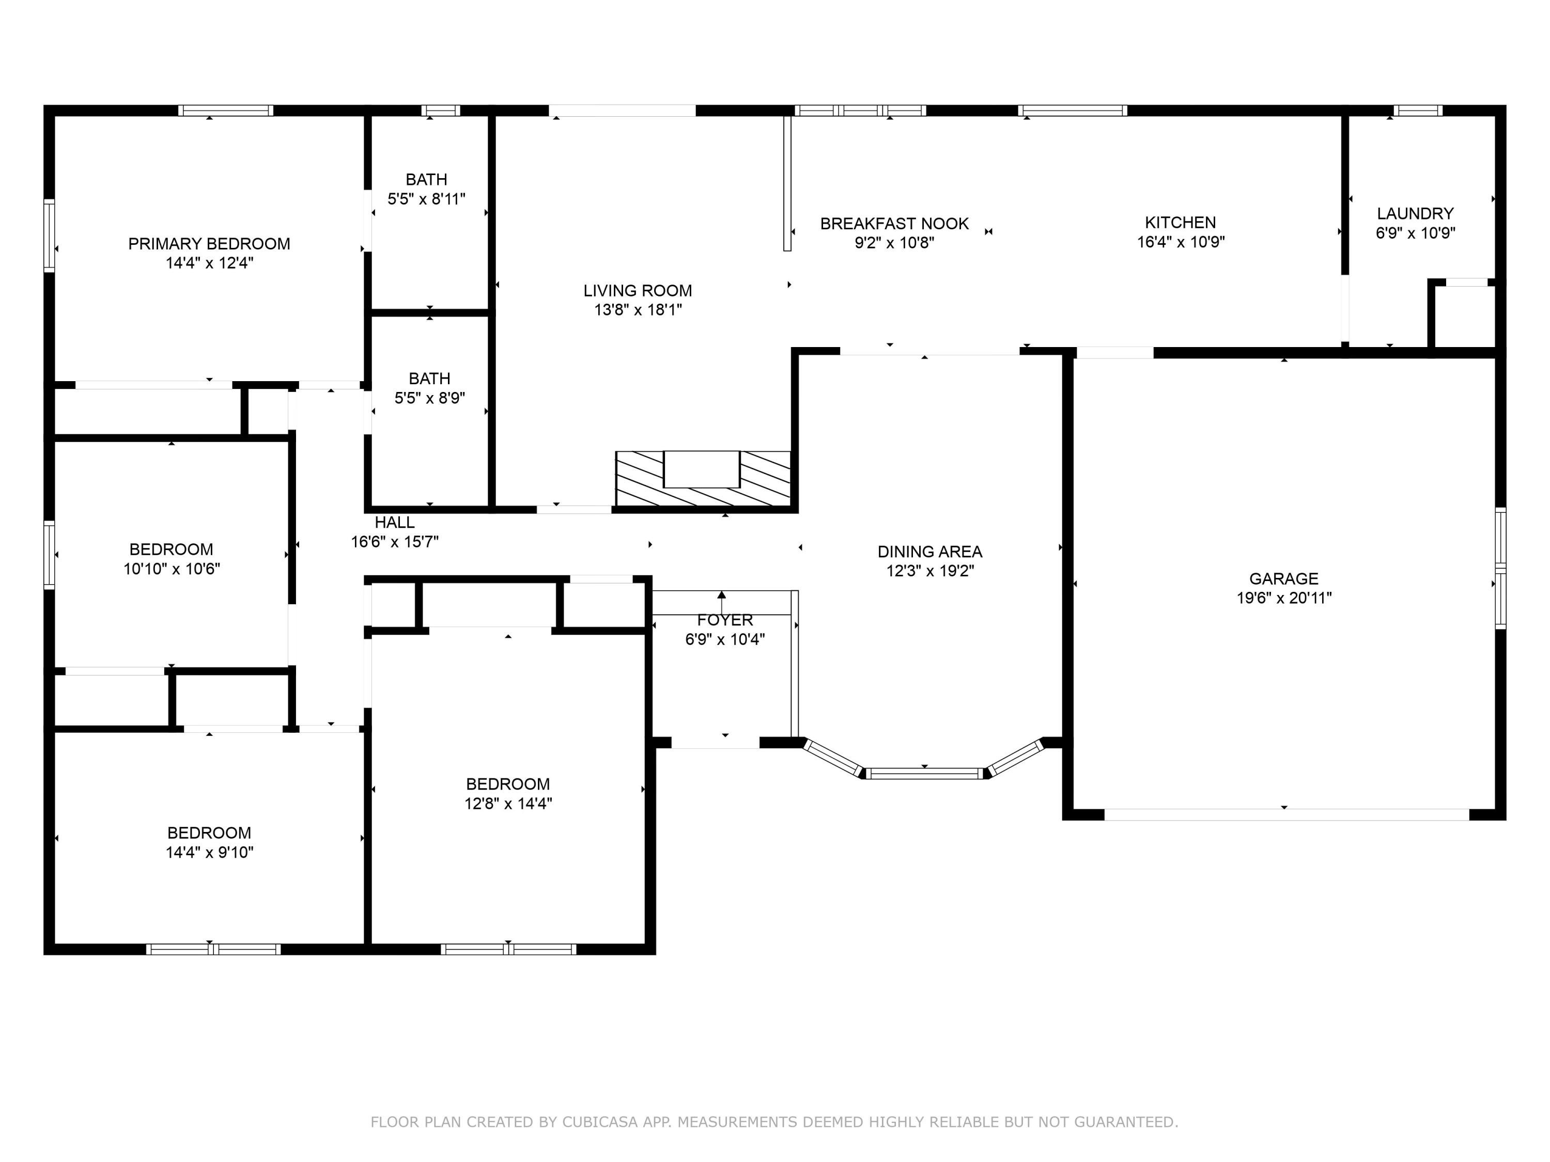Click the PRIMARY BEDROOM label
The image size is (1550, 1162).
coord(209,244)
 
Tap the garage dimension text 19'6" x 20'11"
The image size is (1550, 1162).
coord(1284,598)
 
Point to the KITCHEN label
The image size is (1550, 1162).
coord(1181,222)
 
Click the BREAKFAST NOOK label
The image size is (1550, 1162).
coord(894,224)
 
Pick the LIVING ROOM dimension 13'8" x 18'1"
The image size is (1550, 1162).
coord(638,309)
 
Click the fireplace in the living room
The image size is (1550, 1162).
coord(703,478)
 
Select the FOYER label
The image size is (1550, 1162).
coord(724,620)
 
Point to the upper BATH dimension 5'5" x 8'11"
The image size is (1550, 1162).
coord(427,199)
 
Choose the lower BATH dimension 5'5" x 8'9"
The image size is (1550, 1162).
coord(429,398)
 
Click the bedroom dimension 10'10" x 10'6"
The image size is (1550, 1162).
coord(172,569)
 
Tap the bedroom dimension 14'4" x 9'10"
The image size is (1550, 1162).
coord(210,853)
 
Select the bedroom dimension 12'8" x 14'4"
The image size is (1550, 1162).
coord(508,804)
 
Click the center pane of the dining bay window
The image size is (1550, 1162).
coord(925,773)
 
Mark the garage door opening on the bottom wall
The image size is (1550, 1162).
coord(1287,814)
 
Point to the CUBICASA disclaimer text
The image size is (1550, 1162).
coord(774,1122)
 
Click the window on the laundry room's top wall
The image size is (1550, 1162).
coord(1418,110)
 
